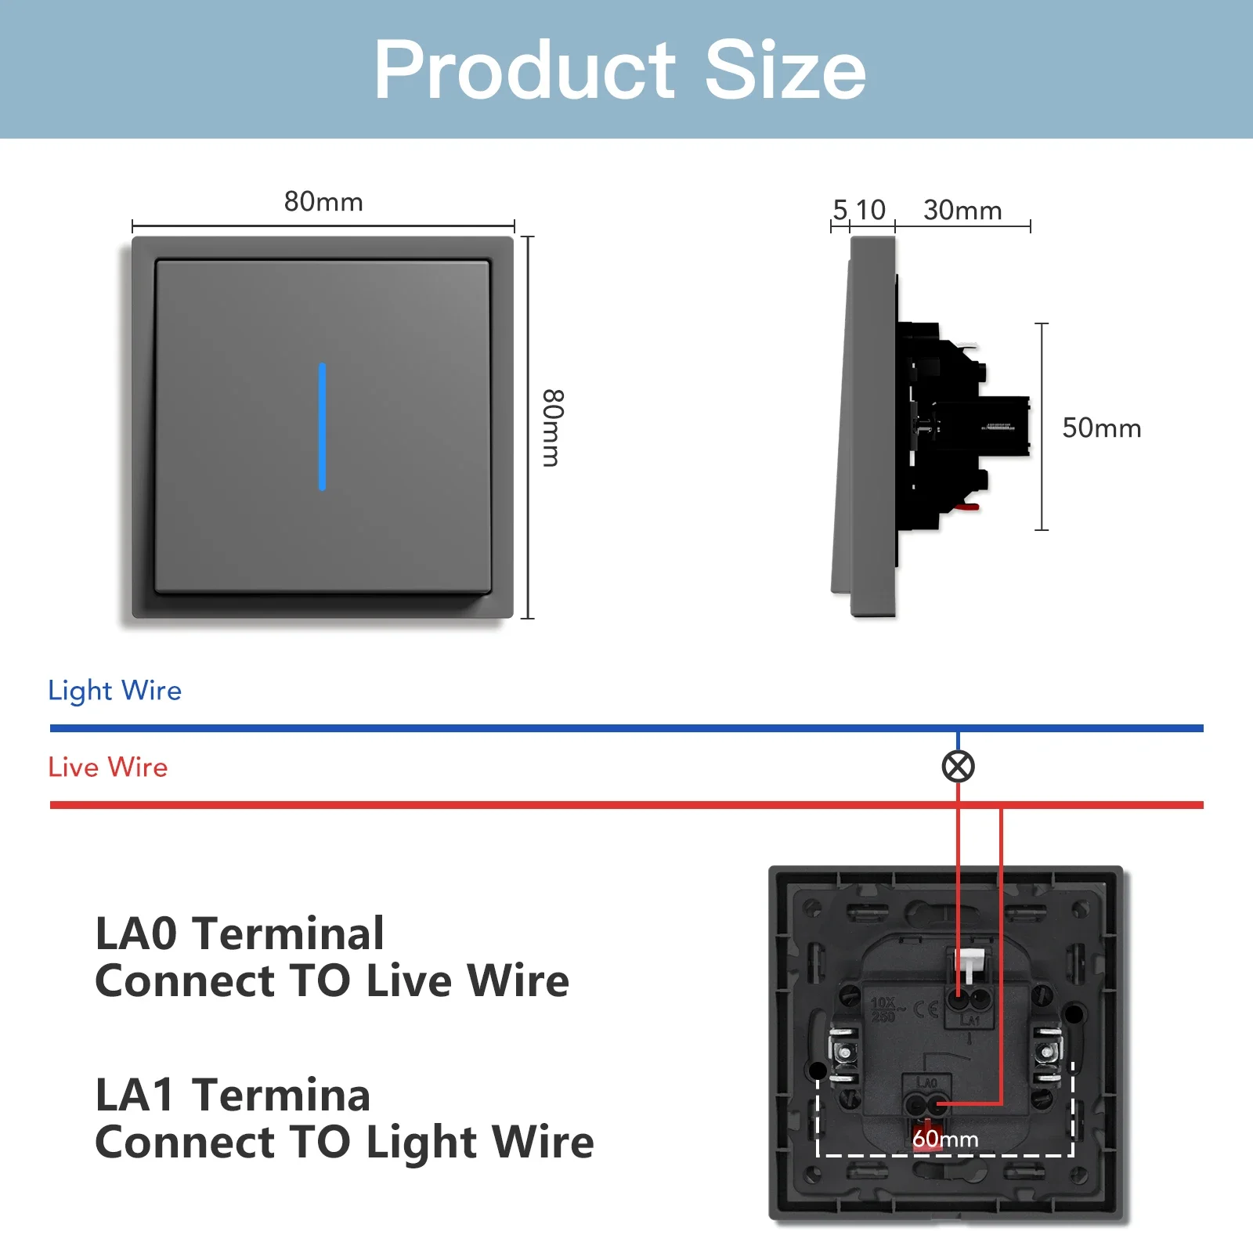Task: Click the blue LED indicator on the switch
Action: click(322, 426)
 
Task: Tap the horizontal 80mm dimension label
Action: click(323, 202)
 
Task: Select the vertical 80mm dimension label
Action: click(552, 428)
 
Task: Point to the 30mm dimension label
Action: click(962, 211)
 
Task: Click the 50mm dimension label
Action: click(1101, 428)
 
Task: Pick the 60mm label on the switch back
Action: click(945, 1139)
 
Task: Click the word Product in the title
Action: click(524, 70)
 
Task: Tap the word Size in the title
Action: click(785, 70)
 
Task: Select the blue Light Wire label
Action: click(114, 691)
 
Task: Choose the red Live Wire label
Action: click(108, 767)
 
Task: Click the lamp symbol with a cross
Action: click(958, 767)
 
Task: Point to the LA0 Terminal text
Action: click(240, 933)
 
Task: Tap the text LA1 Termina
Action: click(233, 1095)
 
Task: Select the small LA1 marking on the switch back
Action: click(970, 1020)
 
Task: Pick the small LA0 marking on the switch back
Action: click(926, 1082)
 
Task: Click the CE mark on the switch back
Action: click(926, 1009)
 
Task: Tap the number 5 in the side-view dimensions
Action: click(840, 210)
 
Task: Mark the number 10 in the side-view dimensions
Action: click(870, 210)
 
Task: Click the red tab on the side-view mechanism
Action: click(967, 507)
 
